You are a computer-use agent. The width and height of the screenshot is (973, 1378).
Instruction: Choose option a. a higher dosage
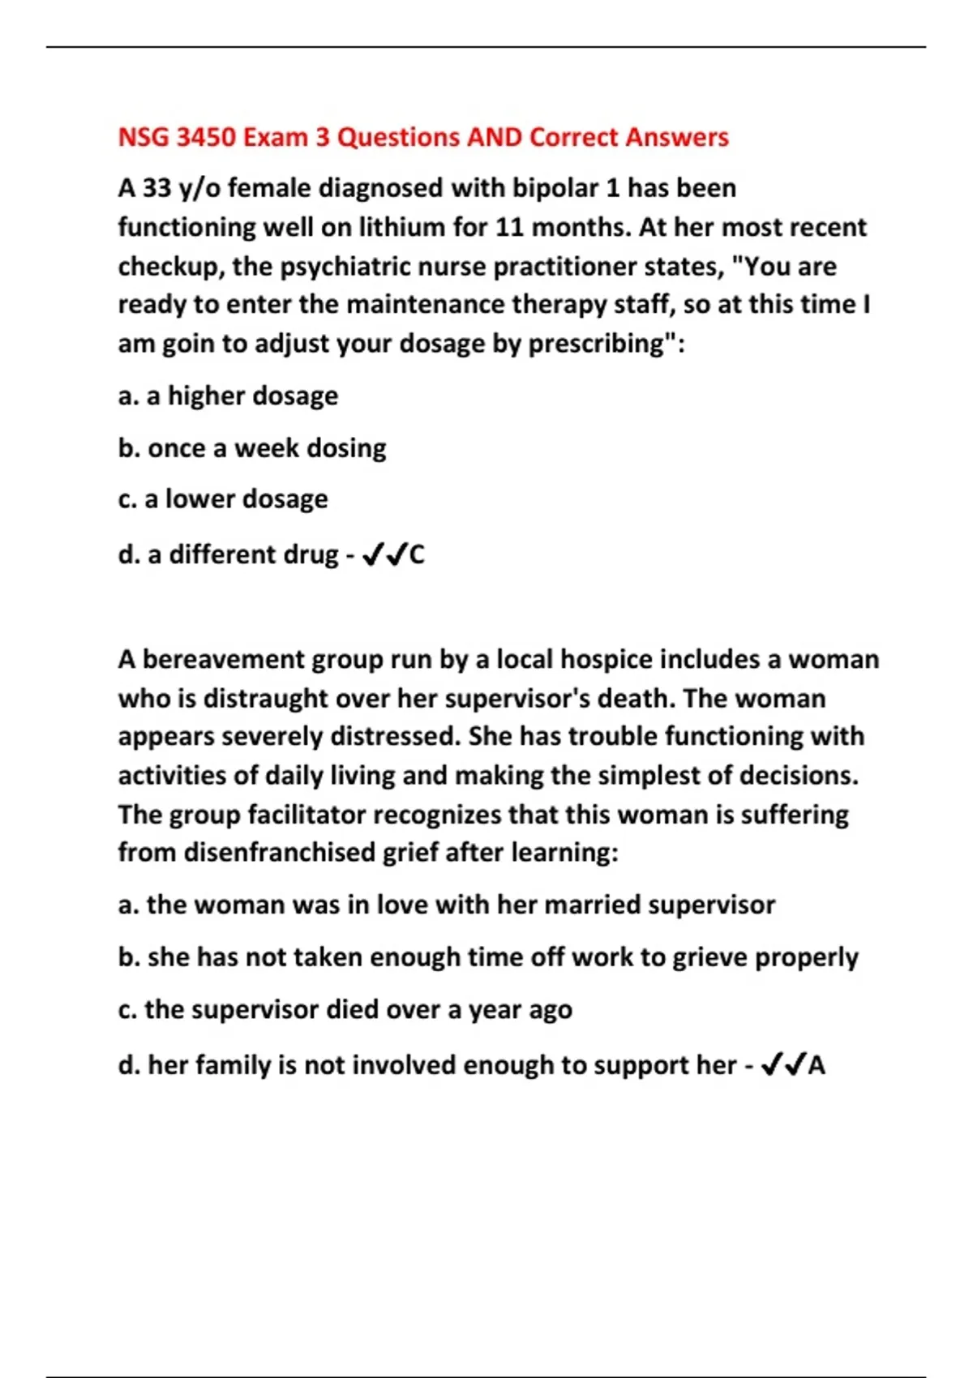click(228, 396)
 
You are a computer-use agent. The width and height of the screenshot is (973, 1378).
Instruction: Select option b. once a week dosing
click(252, 447)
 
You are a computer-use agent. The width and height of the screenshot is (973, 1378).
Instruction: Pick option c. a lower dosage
click(223, 499)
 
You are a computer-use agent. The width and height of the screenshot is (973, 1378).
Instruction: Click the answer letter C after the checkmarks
click(416, 555)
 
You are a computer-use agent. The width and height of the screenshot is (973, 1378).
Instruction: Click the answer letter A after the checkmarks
click(817, 1065)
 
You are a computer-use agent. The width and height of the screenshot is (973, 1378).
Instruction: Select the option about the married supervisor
click(446, 905)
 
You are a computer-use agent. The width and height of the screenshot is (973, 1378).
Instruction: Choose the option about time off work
click(487, 957)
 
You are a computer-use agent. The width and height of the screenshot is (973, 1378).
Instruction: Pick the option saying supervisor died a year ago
click(345, 1010)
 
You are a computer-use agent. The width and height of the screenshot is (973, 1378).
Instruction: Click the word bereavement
click(223, 659)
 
